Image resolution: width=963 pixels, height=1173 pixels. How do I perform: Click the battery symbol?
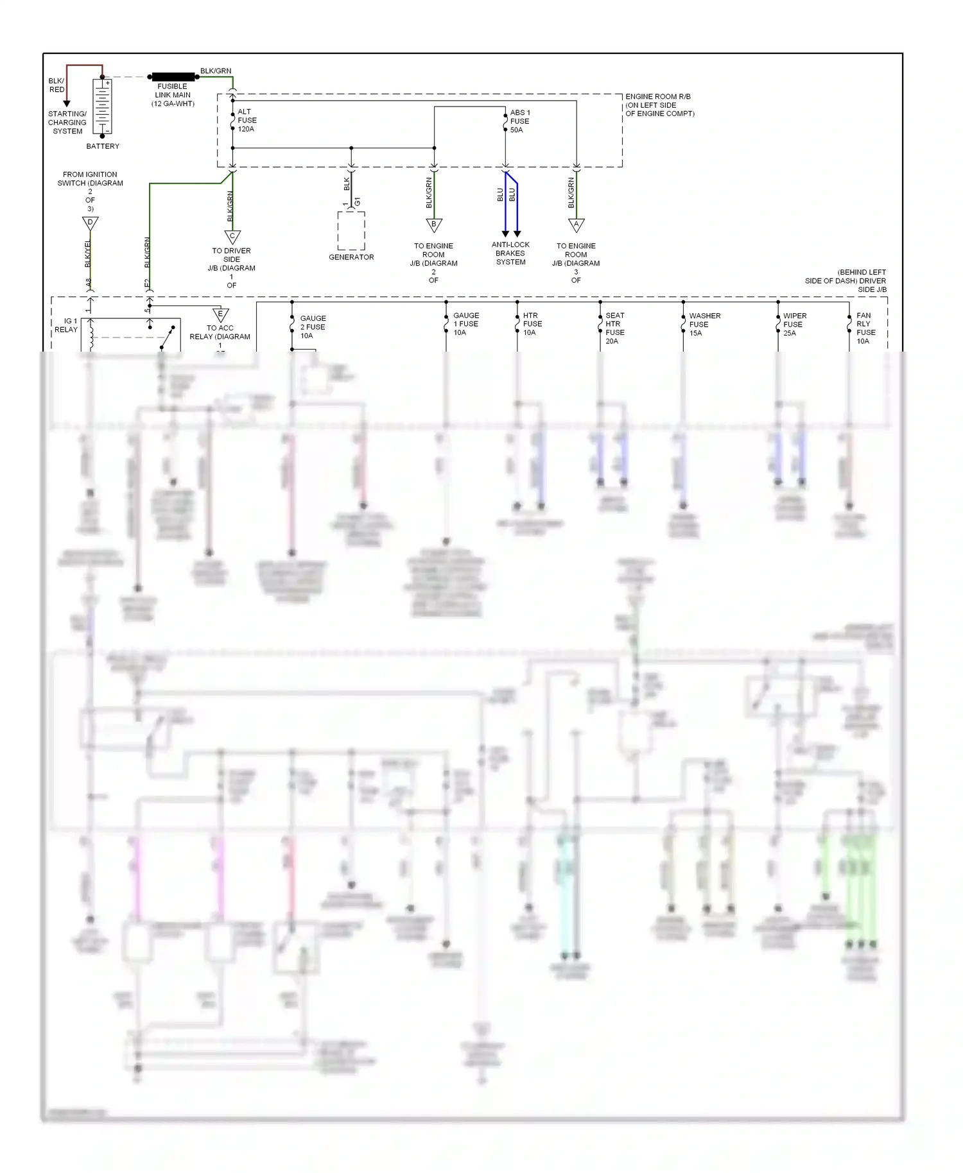[103, 107]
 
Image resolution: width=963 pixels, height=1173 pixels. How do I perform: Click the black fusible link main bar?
[173, 77]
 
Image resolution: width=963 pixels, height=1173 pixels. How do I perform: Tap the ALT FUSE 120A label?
[247, 121]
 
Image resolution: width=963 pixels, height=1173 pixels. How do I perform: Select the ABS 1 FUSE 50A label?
[519, 121]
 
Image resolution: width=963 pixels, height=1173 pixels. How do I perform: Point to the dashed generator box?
[351, 230]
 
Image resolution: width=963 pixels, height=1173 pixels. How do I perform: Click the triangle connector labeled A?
[577, 225]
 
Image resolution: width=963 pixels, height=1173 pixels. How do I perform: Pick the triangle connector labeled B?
[434, 225]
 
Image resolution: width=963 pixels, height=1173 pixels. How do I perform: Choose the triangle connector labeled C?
[232, 236]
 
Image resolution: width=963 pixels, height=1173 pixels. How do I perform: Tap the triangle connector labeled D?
[90, 223]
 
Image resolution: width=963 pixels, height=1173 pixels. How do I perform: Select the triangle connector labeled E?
[220, 315]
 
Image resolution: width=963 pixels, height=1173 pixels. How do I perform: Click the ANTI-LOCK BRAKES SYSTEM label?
[510, 253]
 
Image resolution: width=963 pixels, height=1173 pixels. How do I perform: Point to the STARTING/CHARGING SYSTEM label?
[67, 123]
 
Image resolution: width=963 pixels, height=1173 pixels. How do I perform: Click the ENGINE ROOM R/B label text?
[659, 105]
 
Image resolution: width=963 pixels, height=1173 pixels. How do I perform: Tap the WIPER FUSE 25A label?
[794, 325]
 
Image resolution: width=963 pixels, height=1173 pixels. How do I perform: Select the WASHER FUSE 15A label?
[704, 325]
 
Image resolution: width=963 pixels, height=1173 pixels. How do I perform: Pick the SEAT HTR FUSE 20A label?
[614, 328]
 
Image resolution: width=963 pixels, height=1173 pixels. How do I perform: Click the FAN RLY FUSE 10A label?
[865, 328]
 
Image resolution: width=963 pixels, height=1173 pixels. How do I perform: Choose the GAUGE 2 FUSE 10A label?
[313, 327]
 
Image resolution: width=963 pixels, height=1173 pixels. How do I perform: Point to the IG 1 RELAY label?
[66, 325]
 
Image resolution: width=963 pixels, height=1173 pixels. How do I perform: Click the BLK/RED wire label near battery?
[56, 85]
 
